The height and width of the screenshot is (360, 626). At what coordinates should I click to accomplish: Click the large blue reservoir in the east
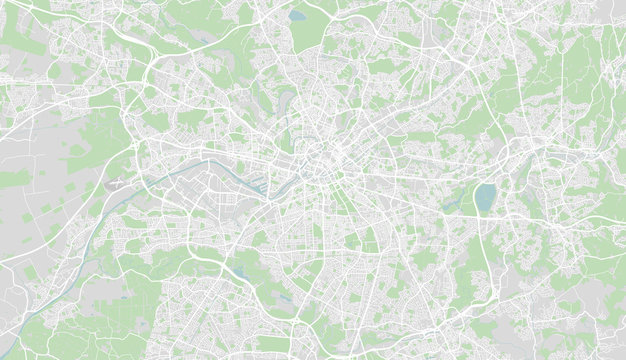485,197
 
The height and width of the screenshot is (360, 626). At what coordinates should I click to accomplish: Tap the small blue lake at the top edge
297,16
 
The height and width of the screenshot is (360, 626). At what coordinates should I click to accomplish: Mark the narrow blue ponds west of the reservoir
455,200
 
